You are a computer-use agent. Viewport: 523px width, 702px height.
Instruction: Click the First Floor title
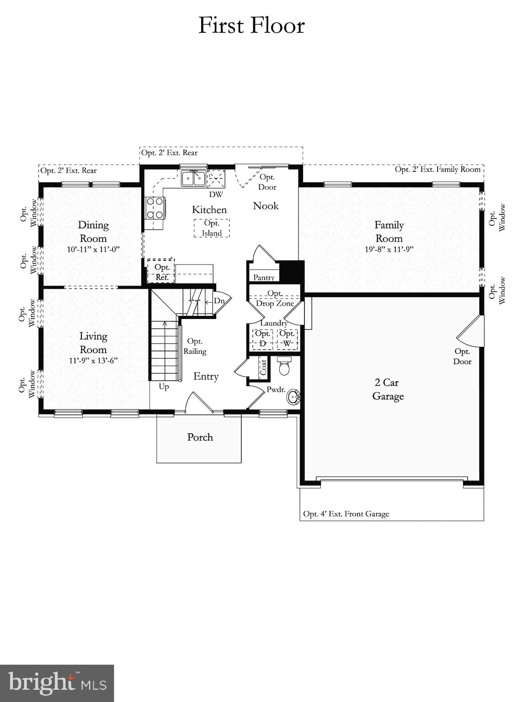pyautogui.click(x=251, y=26)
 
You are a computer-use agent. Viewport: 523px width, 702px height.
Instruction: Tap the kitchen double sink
pyautogui.click(x=193, y=178)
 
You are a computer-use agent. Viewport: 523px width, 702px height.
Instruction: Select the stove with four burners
pyautogui.click(x=155, y=207)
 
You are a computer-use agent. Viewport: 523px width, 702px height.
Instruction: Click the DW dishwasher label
pyautogui.click(x=216, y=195)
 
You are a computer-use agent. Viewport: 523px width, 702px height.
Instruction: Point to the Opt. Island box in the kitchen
pyautogui.click(x=211, y=228)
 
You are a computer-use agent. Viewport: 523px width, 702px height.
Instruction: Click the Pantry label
pyautogui.click(x=264, y=277)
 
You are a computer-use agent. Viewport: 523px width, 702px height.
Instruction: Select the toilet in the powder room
pyautogui.click(x=284, y=367)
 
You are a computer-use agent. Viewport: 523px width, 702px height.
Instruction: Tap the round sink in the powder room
pyautogui.click(x=294, y=397)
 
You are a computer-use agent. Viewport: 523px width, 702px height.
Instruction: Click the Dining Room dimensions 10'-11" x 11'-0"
pyautogui.click(x=93, y=250)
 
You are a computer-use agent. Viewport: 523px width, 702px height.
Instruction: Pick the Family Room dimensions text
pyautogui.click(x=389, y=250)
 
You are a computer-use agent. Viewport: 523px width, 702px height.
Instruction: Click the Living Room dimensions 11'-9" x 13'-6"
pyautogui.click(x=93, y=361)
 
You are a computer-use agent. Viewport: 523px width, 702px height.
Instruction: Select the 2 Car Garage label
pyautogui.click(x=388, y=389)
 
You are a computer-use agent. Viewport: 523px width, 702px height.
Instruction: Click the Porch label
pyautogui.click(x=200, y=437)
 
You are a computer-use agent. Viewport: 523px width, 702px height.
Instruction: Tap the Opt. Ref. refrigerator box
pyautogui.click(x=161, y=272)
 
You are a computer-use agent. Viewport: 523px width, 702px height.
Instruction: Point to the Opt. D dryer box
pyautogui.click(x=262, y=339)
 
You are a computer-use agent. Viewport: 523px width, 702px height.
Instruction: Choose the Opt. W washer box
pyautogui.click(x=287, y=339)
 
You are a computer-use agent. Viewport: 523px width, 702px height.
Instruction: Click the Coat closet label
pyautogui.click(x=263, y=367)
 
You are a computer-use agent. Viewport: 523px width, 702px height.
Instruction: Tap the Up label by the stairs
pyautogui.click(x=164, y=387)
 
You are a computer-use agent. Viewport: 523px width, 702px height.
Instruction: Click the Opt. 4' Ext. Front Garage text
pyautogui.click(x=346, y=514)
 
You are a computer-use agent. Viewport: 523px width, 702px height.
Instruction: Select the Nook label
pyautogui.click(x=266, y=206)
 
